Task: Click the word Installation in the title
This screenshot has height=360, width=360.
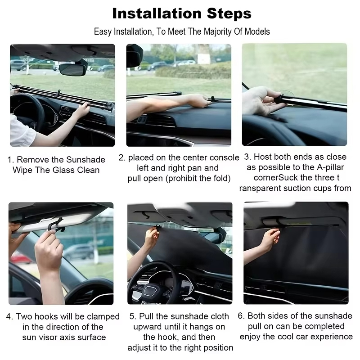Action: tap(157, 13)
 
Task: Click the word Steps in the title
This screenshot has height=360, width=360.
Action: tap(229, 14)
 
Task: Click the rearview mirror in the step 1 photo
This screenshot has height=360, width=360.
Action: tap(73, 70)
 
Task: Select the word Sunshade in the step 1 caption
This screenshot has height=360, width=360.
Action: tap(85, 160)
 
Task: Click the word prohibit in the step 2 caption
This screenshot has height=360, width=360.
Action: tap(183, 178)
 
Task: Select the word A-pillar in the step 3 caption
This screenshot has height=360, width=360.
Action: tap(330, 167)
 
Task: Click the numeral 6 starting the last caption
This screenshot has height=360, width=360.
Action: tap(240, 316)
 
